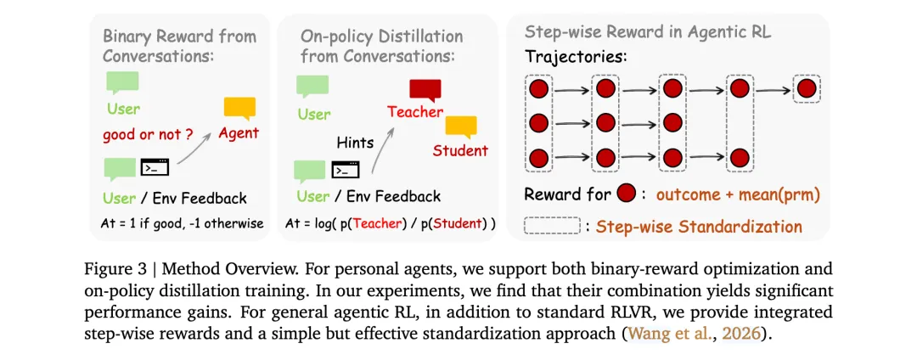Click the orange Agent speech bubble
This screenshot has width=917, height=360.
click(x=239, y=108)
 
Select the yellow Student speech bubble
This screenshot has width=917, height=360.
click(x=461, y=126)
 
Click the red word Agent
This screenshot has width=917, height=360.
click(x=239, y=133)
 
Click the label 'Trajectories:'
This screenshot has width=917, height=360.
click(x=574, y=59)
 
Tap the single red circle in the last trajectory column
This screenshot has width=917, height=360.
click(x=806, y=87)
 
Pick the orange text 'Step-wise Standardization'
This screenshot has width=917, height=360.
click(x=699, y=227)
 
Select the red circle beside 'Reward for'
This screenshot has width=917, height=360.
click(x=626, y=194)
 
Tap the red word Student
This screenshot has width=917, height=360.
click(x=460, y=151)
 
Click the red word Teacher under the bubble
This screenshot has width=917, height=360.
click(x=415, y=112)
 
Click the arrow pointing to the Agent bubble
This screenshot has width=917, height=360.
click(x=199, y=146)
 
